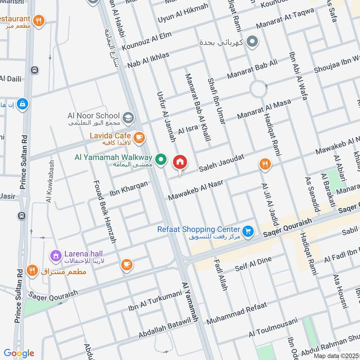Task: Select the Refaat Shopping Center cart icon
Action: point(247,231)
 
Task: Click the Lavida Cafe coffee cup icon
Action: point(139,137)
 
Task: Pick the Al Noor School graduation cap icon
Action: point(128,117)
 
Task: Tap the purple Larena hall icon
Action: point(56,256)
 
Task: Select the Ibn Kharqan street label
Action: point(128,190)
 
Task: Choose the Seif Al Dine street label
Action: point(253,264)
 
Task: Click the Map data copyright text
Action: point(336,355)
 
